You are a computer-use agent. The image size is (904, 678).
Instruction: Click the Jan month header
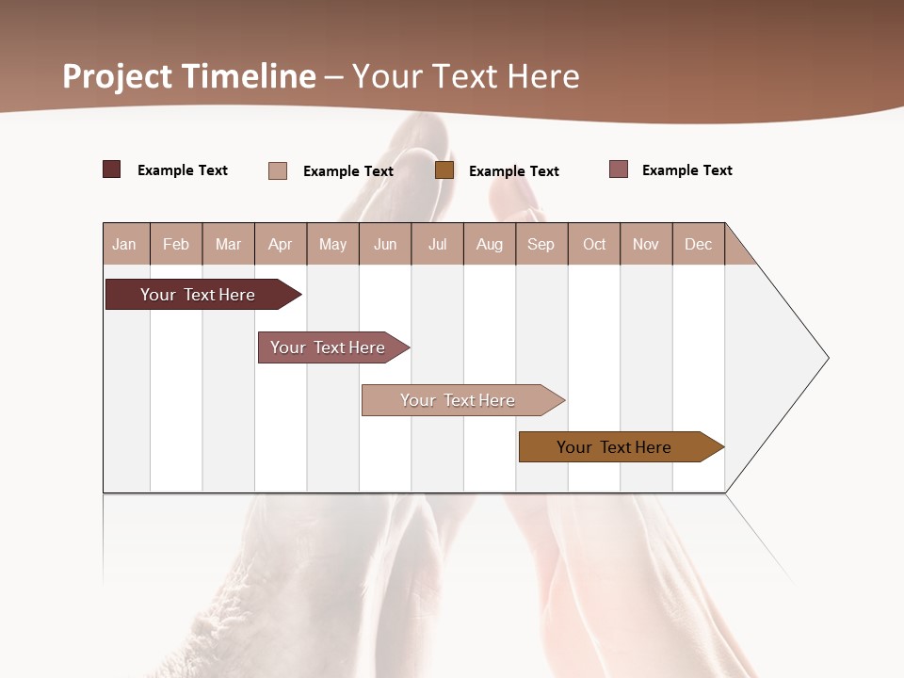pyautogui.click(x=124, y=244)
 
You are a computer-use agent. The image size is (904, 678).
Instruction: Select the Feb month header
pyautogui.click(x=176, y=244)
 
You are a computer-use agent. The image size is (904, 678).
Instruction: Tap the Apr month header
pyautogui.click(x=280, y=244)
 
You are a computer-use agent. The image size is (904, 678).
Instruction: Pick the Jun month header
pyautogui.click(x=385, y=244)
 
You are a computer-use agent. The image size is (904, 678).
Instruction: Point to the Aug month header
pyautogui.click(x=489, y=244)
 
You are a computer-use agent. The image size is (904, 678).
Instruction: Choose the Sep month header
pyautogui.click(x=541, y=244)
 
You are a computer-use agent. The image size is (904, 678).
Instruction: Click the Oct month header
pyautogui.click(x=594, y=244)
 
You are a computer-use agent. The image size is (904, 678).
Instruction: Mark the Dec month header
pyautogui.click(x=698, y=244)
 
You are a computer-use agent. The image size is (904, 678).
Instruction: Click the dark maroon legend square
pyautogui.click(x=112, y=169)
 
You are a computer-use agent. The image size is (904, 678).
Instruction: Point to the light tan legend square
pyautogui.click(x=278, y=170)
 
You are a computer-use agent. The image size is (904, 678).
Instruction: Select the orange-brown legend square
pyautogui.click(x=444, y=170)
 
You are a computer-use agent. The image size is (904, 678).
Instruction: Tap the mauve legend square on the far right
pyautogui.click(x=619, y=169)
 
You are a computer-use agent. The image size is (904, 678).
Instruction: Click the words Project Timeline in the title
pyautogui.click(x=189, y=76)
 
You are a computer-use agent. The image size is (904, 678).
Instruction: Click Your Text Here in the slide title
pyautogui.click(x=466, y=76)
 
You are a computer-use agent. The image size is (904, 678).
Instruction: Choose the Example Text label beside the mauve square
pyautogui.click(x=686, y=170)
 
